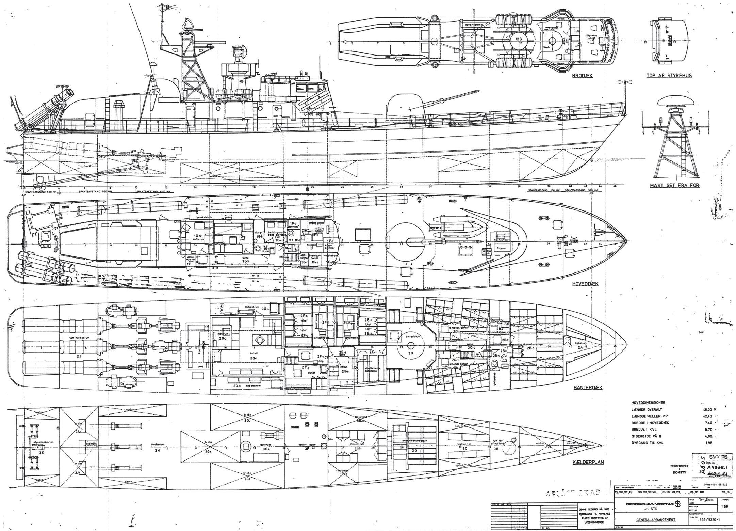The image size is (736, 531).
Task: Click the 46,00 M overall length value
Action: point(708,410)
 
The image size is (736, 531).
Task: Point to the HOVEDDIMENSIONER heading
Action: point(647,402)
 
